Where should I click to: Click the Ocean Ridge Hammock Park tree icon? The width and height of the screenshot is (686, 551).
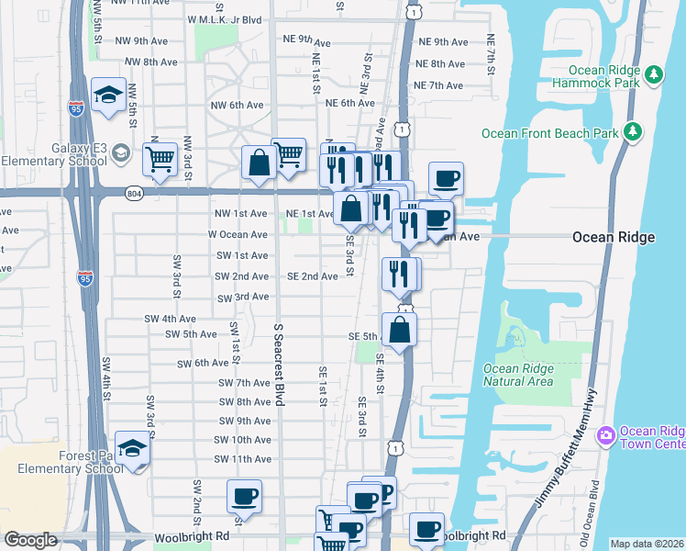point(654,75)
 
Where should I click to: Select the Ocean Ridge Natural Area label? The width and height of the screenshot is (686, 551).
point(517,375)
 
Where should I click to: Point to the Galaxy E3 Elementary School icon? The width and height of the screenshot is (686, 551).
point(120,153)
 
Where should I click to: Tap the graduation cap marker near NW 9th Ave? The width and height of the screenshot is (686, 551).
point(109,94)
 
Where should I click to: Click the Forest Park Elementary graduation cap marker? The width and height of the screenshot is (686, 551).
point(133,449)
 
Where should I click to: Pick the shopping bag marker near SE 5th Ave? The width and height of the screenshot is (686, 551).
point(399,330)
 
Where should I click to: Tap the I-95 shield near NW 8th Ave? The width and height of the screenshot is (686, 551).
point(76,109)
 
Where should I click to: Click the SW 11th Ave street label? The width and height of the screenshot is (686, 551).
point(242,458)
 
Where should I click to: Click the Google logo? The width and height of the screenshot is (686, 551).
point(30,540)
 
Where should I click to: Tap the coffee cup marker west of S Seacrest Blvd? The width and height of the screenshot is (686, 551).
point(244,497)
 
